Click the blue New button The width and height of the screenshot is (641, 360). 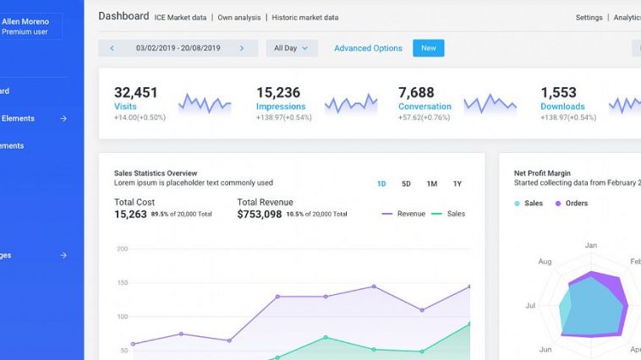pos(428,48)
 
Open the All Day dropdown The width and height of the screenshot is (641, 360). pos(292,48)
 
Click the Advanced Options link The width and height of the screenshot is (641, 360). pos(368,48)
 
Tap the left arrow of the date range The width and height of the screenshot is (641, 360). pos(112,48)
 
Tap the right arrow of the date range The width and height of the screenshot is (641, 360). pos(242,48)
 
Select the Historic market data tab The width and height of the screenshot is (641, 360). pos(305,17)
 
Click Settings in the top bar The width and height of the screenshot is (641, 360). pos(589,17)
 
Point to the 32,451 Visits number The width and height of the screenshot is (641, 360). pos(136,92)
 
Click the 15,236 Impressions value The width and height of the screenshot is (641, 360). pos(278,92)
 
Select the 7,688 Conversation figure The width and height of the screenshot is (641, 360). pos(416,92)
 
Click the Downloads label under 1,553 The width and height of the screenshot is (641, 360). pos(562,106)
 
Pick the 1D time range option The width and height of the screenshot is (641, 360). pos(381,183)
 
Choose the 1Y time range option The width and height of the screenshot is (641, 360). pos(457,183)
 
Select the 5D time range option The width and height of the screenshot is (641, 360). pos(406,183)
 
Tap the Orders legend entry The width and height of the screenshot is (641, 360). pos(576,203)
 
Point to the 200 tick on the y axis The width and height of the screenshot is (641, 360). pos(122,248)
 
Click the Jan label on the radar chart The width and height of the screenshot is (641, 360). pos(591,245)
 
